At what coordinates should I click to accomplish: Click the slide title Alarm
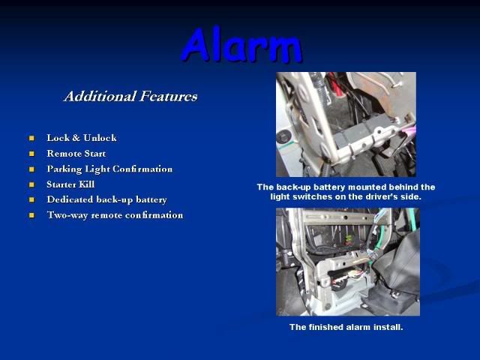(241, 45)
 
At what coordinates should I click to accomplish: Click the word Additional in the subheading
(100, 96)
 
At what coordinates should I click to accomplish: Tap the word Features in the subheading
(168, 96)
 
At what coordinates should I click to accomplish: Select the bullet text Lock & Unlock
(82, 138)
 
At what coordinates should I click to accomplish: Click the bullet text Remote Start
(76, 153)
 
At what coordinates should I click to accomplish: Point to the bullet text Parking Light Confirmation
(109, 169)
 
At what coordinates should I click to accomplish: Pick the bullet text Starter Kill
(70, 184)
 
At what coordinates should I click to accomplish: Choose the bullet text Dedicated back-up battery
(106, 200)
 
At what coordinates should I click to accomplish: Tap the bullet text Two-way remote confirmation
(115, 215)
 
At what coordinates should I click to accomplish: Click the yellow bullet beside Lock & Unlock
(31, 138)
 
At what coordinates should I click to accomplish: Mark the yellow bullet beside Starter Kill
(31, 184)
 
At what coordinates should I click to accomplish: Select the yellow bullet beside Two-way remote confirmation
(31, 215)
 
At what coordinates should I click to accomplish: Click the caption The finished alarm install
(346, 327)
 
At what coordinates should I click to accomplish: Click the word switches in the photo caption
(313, 196)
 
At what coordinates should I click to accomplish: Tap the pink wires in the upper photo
(407, 132)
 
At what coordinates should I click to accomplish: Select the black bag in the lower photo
(398, 269)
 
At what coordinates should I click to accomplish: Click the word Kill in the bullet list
(87, 184)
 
